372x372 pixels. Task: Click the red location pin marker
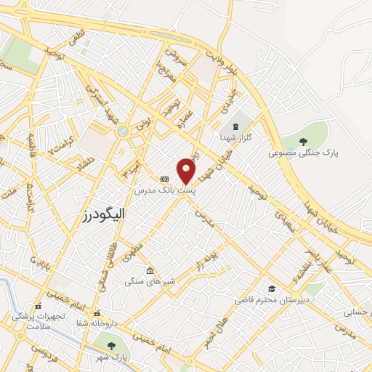click(187, 170)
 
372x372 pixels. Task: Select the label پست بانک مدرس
click(166, 190)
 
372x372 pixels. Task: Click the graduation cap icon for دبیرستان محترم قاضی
click(271, 288)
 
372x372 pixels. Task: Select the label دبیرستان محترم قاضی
click(271, 299)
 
